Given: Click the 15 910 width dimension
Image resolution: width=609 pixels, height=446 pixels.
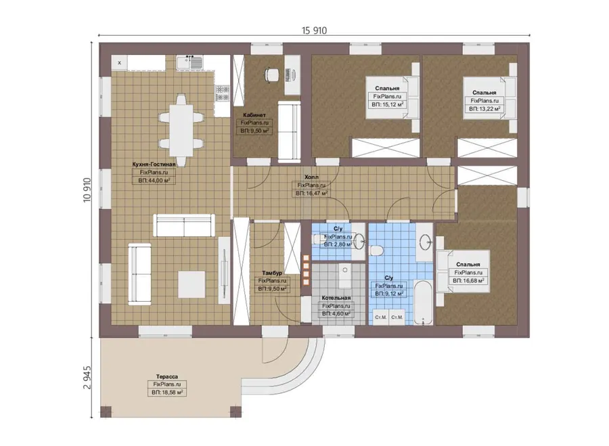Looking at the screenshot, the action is (314, 30).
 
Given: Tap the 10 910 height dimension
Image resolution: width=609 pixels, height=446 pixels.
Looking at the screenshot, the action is (87, 189).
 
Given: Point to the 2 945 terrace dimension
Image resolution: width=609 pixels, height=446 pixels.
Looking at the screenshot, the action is (87, 377).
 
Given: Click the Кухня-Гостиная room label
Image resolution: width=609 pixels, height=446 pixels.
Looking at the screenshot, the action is (154, 164).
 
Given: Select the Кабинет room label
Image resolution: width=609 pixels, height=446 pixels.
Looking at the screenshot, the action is (254, 115).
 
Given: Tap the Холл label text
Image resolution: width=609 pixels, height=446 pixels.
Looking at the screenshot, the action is (311, 177).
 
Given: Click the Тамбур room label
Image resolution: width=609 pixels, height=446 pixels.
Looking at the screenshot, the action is (272, 273).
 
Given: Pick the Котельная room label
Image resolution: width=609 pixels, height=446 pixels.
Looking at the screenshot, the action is (336, 298).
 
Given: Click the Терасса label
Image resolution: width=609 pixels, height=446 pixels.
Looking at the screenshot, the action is (167, 376).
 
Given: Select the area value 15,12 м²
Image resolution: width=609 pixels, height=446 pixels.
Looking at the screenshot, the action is (388, 104).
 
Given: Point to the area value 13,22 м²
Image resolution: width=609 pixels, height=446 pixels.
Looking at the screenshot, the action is (484, 109).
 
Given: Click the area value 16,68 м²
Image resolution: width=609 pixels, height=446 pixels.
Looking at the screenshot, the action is (468, 280).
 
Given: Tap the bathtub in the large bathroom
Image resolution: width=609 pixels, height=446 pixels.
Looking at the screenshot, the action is (422, 303).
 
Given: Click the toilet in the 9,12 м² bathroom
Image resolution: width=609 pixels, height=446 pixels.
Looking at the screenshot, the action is (376, 250).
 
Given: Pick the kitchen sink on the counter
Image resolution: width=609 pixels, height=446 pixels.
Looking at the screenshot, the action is (189, 62).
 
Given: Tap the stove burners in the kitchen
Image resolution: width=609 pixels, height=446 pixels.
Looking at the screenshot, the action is (223, 93).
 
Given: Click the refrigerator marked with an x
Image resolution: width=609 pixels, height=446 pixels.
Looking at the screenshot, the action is (119, 62).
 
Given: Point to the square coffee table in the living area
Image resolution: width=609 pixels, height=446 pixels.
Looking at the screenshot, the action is (191, 284).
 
